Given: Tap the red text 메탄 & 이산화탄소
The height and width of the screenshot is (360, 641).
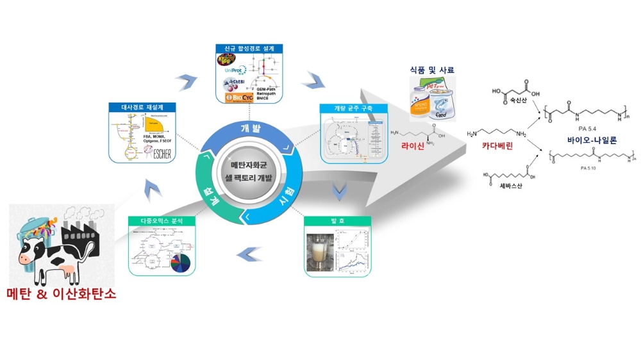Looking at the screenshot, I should tap(62, 295).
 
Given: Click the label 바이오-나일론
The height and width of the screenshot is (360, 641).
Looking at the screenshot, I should tap(587, 137).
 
